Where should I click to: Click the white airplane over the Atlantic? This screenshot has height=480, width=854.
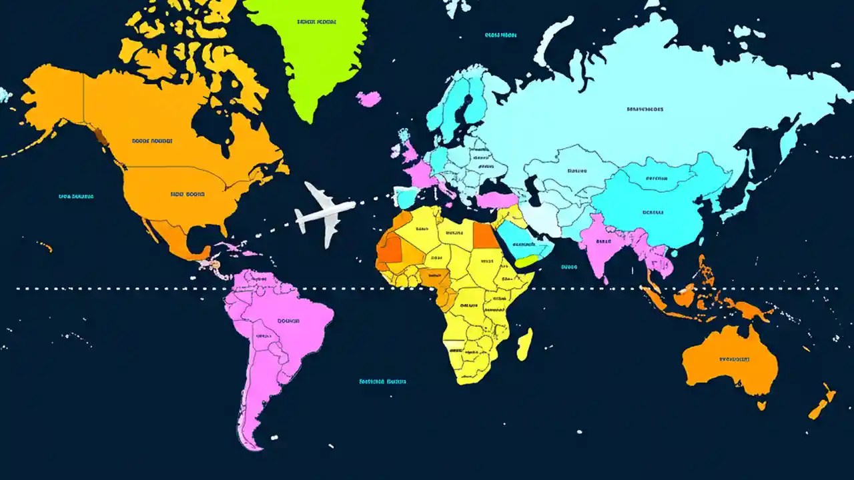(325, 213)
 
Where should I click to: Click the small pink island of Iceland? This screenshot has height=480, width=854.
(368, 99)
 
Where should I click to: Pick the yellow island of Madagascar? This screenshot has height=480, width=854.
(525, 343)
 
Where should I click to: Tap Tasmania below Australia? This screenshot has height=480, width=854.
(761, 404)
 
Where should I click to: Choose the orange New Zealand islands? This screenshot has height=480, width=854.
(822, 403)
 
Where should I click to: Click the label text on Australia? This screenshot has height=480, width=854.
(735, 359)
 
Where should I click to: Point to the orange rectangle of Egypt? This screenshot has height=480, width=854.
(485, 235)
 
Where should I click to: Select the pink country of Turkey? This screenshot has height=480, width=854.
(497, 199)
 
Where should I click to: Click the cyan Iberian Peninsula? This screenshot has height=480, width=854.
(406, 197)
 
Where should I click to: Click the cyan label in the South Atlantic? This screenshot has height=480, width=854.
(382, 382)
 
